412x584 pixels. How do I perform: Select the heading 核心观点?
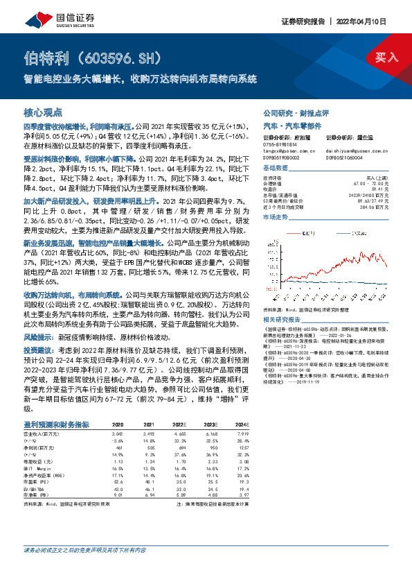click(42, 112)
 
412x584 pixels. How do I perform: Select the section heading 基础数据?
click(276, 169)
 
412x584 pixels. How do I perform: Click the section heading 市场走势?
click(276, 217)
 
